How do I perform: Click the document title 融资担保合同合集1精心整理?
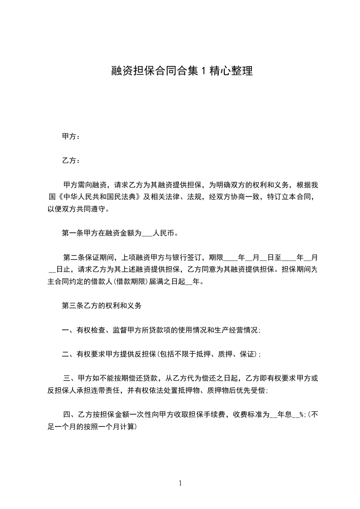pyautogui.click(x=182, y=71)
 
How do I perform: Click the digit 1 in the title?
pyautogui.click(x=203, y=71)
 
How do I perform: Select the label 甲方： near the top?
pyautogui.click(x=71, y=136)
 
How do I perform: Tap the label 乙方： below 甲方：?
pyautogui.click(x=71, y=161)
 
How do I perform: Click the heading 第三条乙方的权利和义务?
pyautogui.click(x=102, y=306)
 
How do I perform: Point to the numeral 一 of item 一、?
pyautogui.click(x=65, y=330)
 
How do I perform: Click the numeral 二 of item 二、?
pyautogui.click(x=65, y=354)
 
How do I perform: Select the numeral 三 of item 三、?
pyautogui.click(x=67, y=378)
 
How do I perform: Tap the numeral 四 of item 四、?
pyautogui.click(x=67, y=414)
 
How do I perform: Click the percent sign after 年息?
pyautogui.click(x=301, y=414)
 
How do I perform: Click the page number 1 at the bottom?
pyautogui.click(x=180, y=483)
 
